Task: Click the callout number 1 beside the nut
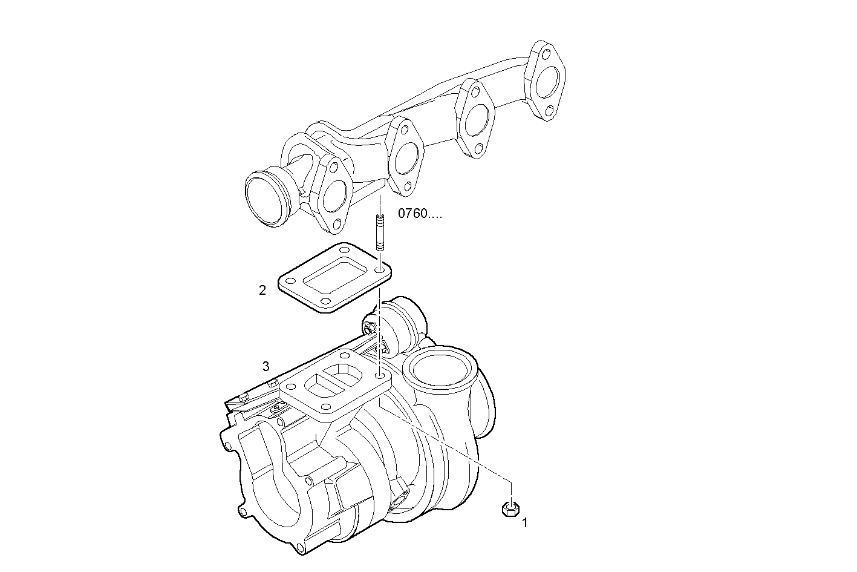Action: pos(525,522)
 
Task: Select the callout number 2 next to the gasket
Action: pos(262,291)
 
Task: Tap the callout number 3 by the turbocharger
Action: pos(266,366)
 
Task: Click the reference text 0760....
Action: pos(420,214)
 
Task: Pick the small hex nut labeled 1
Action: pos(511,510)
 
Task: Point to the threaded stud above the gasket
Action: pos(379,233)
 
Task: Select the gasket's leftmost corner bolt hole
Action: pos(289,281)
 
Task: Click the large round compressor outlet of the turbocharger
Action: pos(439,368)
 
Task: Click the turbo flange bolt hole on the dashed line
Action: pos(379,376)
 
